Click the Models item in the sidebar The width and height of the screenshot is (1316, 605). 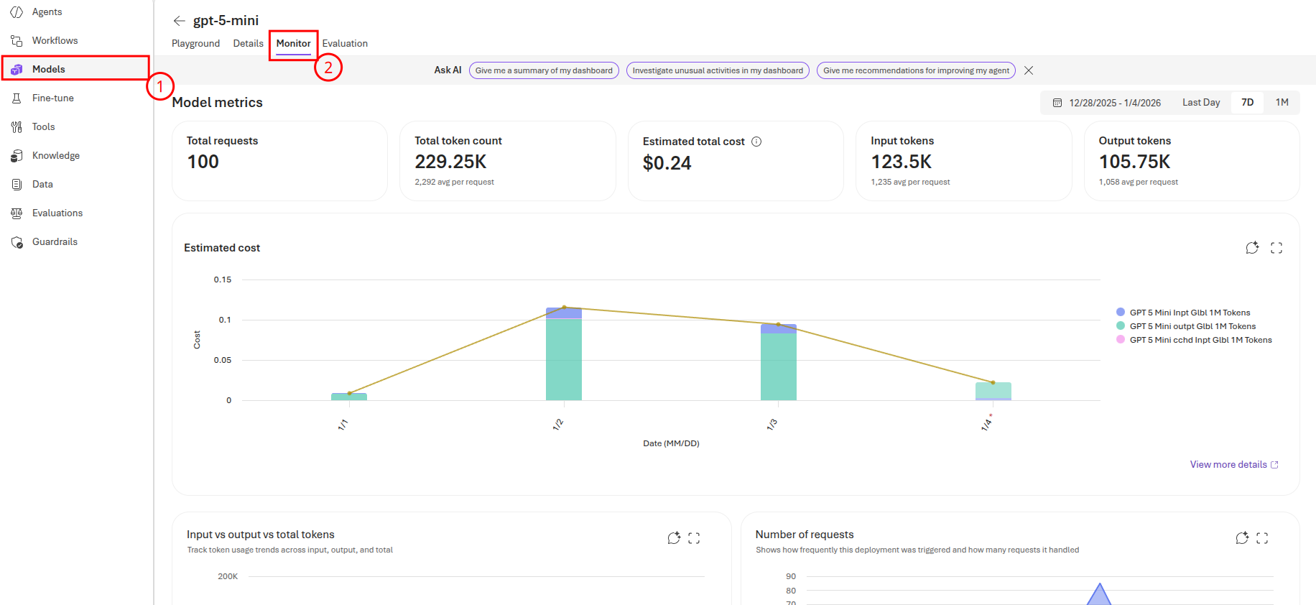pyautogui.click(x=48, y=69)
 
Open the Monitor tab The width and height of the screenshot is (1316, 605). pyautogui.click(x=293, y=44)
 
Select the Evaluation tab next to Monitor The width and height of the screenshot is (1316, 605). pyautogui.click(x=345, y=44)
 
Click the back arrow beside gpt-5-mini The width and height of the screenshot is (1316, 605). pyautogui.click(x=180, y=21)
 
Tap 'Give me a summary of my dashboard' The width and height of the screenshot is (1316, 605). pyautogui.click(x=544, y=70)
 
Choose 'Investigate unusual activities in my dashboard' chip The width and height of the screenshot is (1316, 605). pyautogui.click(x=718, y=70)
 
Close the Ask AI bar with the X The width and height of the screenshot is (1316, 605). pyautogui.click(x=1029, y=70)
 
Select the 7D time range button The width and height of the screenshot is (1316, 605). pyautogui.click(x=1247, y=103)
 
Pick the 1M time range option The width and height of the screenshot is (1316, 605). pyautogui.click(x=1282, y=103)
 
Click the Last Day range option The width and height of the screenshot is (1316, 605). pyautogui.click(x=1201, y=103)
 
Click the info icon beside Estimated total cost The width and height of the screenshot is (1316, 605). pyautogui.click(x=756, y=142)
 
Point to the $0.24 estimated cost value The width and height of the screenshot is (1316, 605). pyautogui.click(x=667, y=163)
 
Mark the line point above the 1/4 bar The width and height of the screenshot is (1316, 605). pyautogui.click(x=993, y=382)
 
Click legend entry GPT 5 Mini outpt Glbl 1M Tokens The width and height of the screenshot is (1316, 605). pyautogui.click(x=1192, y=326)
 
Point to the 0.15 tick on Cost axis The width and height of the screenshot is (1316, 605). pyautogui.click(x=223, y=280)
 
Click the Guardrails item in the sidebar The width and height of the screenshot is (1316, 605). pyautogui.click(x=55, y=241)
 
